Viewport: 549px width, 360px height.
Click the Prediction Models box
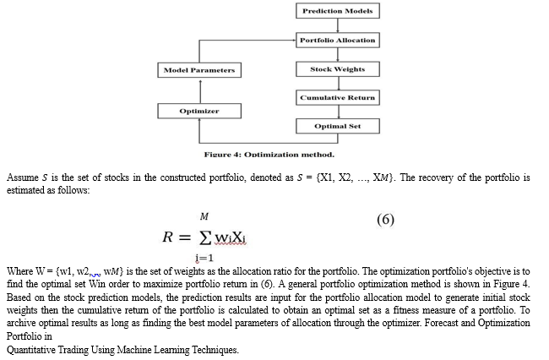(x=338, y=11)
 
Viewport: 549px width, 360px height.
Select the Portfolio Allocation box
(x=338, y=41)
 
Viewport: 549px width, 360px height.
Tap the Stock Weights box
(x=338, y=69)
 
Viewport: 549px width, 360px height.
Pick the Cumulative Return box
(x=338, y=98)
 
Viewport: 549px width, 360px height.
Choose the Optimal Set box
(x=338, y=126)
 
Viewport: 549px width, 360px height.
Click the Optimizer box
(x=199, y=111)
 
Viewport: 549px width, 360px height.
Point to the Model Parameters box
(x=199, y=70)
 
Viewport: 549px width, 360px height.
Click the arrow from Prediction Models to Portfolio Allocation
(x=338, y=25)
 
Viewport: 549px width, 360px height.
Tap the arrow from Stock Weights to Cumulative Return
(x=339, y=84)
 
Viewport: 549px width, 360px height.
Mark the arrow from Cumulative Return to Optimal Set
(x=339, y=112)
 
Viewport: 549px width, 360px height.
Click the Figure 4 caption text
(x=269, y=155)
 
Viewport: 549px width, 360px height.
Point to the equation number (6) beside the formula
(x=385, y=220)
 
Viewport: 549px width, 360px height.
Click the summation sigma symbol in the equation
(x=205, y=237)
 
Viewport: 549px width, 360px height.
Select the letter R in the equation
(x=167, y=237)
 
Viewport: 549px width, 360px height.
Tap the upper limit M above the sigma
(x=204, y=217)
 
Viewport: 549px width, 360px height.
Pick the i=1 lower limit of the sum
(x=204, y=258)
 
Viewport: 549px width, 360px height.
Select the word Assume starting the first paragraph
(x=23, y=177)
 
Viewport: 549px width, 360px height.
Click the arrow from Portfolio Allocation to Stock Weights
(x=338, y=55)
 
